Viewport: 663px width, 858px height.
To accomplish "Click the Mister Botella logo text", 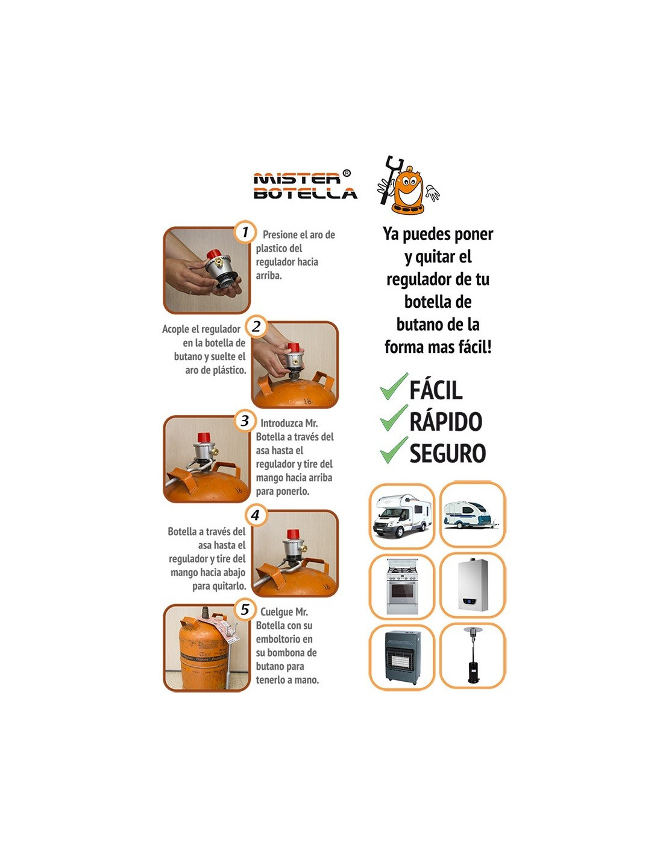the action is coord(305,185).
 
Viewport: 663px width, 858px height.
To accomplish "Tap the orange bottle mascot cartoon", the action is coord(408,185).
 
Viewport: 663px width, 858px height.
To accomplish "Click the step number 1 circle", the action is coord(245,232).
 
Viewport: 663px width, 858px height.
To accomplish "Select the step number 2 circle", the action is coord(256,326).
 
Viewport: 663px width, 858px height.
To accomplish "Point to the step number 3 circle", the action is coord(245,421).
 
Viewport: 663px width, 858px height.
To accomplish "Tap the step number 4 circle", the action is coord(256,515).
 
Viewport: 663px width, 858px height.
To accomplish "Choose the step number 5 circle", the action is coord(245,609).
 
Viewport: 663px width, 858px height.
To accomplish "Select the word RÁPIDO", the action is coord(445,421).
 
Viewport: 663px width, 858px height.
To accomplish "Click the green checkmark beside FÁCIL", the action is coord(394,386).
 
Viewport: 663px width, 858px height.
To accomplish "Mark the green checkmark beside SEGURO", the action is coord(394,450).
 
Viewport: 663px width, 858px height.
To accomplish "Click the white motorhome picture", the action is coord(401,516).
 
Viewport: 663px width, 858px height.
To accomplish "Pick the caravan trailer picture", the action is coord(471,515).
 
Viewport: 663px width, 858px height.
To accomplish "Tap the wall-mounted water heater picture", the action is coord(472,585).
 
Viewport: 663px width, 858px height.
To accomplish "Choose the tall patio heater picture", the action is coord(472,655).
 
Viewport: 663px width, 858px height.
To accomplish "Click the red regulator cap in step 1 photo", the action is coord(215,255).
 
